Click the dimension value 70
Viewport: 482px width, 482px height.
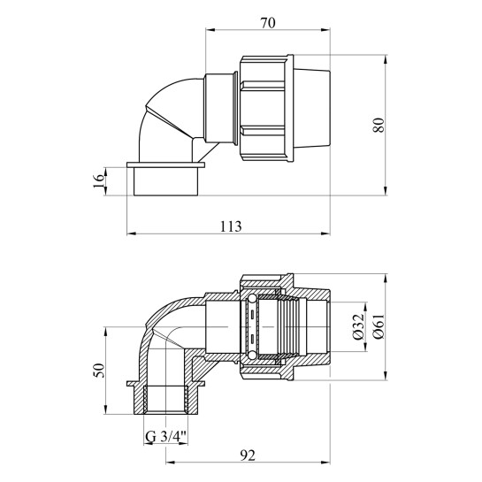pos(268,23)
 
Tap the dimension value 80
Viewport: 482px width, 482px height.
pos(379,125)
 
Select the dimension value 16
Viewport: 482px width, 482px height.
pos(99,181)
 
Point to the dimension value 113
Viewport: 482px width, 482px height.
pos(231,226)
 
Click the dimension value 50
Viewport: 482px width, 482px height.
pos(99,371)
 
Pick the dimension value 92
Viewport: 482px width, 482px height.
pos(248,455)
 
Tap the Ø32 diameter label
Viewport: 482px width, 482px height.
pos(358,326)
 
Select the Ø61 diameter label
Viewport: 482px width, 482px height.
pos(379,326)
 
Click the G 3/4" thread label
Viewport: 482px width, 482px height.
pos(165,437)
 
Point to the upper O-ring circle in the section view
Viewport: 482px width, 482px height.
pos(251,299)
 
